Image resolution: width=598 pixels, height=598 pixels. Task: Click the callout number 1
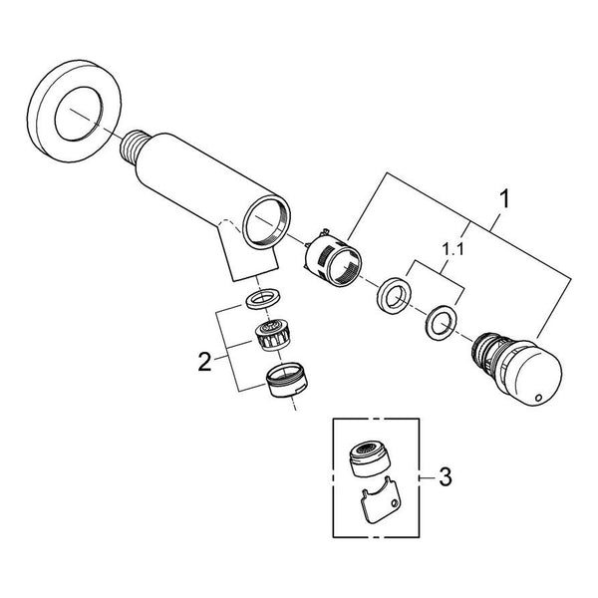[x=504, y=199]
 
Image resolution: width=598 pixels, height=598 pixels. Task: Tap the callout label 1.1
[x=453, y=250]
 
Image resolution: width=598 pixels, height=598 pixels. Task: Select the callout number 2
[x=204, y=362]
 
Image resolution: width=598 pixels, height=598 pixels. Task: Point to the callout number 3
[x=446, y=476]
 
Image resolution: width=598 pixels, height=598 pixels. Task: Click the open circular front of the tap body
[x=266, y=221]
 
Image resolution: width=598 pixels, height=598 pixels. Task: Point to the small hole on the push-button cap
[x=538, y=398]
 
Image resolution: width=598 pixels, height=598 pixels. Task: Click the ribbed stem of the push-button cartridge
[x=485, y=349]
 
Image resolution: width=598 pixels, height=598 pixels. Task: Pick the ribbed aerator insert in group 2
[x=270, y=336]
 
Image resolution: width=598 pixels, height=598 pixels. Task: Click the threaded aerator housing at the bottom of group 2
[x=288, y=380]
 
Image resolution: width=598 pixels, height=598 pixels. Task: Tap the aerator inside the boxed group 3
[x=369, y=458]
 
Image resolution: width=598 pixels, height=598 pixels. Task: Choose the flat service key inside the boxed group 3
[x=381, y=499]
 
